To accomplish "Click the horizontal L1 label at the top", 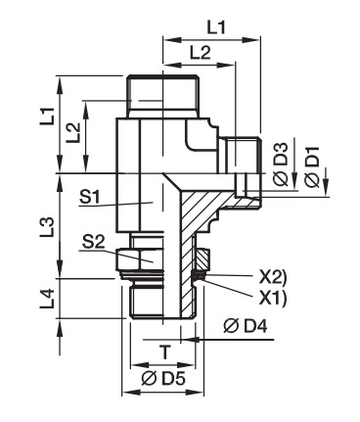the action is tap(216, 27).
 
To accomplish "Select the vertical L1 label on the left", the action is tap(47, 116).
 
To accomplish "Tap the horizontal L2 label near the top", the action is tap(201, 53).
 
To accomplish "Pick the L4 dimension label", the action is tap(47, 300).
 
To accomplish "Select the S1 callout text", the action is tap(90, 197).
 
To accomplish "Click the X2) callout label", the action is tap(273, 278).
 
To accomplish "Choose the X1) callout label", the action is tap(273, 298).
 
